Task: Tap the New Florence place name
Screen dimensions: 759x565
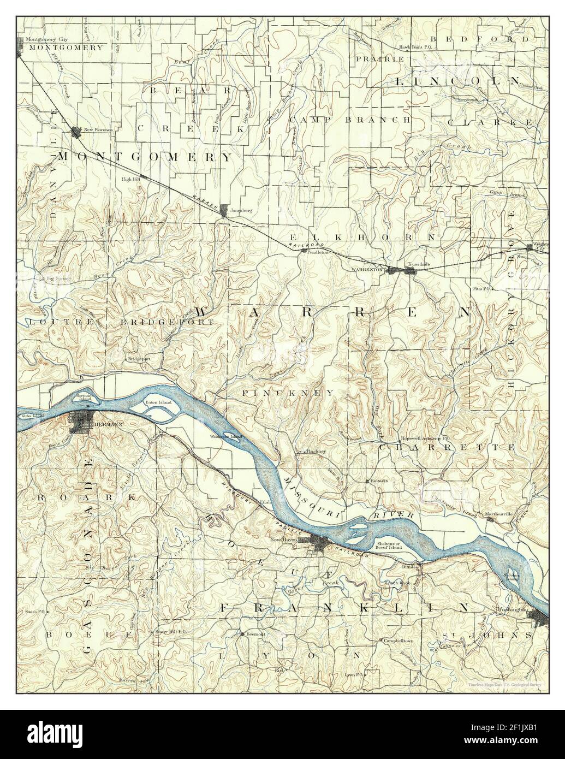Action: point(98,130)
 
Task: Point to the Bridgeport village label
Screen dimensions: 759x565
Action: point(139,359)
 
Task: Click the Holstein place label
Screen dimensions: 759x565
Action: point(379,481)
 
